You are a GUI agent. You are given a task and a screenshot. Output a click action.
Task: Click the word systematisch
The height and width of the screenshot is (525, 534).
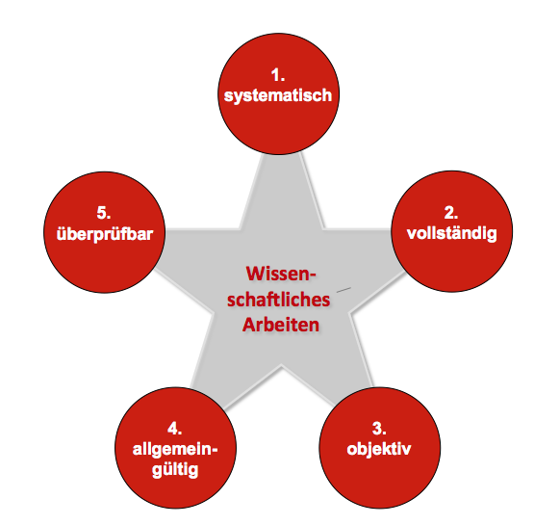278,95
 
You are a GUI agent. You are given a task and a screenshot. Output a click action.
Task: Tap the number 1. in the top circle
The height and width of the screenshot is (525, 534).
278,75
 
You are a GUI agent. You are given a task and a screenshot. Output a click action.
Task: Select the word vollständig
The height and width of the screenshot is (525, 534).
452,234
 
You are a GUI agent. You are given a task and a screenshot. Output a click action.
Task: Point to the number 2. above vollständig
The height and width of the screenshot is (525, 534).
451,214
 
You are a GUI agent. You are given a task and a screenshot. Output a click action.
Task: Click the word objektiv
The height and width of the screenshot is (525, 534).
379,449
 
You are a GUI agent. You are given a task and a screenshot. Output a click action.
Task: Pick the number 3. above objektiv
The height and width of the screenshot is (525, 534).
379,429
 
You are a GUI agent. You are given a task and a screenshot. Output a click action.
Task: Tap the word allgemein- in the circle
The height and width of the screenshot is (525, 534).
175,450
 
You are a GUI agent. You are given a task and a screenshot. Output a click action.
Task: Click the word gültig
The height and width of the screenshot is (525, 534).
175,470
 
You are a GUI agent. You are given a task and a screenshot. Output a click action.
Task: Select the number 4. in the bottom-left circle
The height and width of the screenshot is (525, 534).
175,429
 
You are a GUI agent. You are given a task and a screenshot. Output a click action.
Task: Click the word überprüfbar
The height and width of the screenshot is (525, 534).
105,235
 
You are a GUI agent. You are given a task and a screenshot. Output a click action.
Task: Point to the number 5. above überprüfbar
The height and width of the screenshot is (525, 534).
104,214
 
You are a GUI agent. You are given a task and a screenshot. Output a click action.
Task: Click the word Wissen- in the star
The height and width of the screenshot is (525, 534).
281,274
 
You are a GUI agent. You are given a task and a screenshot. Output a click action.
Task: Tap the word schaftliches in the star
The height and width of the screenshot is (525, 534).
279,300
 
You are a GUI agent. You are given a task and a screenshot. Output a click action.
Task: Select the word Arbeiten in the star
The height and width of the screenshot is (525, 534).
281,325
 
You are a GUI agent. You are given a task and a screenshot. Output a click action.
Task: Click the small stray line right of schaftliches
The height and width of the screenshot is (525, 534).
343,290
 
